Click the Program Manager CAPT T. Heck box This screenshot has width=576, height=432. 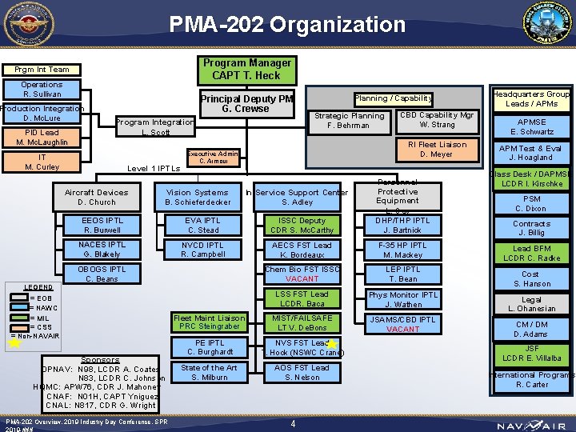click(246, 70)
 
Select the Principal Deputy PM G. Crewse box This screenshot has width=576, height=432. click(246, 103)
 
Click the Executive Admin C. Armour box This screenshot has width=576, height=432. click(213, 157)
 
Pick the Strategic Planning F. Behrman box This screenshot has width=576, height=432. click(349, 121)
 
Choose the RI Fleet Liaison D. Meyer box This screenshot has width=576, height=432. click(437, 150)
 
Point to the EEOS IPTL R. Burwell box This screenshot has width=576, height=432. click(102, 225)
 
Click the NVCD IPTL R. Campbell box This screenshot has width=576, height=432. click(203, 250)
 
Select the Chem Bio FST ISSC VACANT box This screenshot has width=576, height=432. click(302, 274)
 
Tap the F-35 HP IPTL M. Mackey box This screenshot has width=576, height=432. click(403, 250)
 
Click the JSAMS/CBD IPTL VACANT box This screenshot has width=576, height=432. click(403, 324)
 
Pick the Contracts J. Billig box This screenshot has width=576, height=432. click(532, 228)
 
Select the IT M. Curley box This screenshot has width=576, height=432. click(42, 162)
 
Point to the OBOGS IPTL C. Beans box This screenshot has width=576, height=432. click(102, 274)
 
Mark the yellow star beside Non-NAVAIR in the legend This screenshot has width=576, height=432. click(14, 345)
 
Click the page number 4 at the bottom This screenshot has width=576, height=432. click(294, 423)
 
